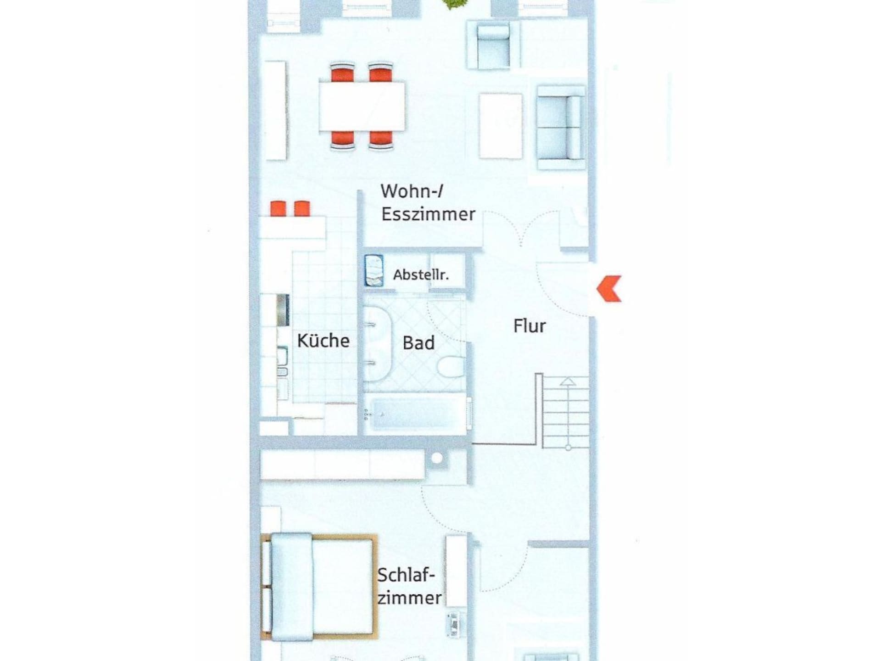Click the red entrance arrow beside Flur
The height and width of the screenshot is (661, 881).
[x=609, y=289]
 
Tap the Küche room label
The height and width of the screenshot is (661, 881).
[x=323, y=341]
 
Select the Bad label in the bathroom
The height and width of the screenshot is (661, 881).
[x=418, y=343]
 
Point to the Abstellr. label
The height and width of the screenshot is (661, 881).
[x=421, y=274]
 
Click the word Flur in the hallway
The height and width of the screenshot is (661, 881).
[x=530, y=326]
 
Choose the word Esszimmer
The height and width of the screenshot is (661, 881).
[x=428, y=214]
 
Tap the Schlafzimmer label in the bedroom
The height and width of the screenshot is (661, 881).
[x=409, y=586]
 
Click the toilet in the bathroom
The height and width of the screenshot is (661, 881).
[x=452, y=367]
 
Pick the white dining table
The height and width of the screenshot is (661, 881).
[x=362, y=106]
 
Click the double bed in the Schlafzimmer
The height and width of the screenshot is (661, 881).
[x=319, y=587]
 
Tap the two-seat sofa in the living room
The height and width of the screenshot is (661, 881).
[x=561, y=128]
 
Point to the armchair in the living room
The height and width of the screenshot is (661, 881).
[x=493, y=45]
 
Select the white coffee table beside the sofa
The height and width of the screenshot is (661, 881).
[x=501, y=126]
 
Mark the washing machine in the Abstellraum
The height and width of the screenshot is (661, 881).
[x=374, y=271]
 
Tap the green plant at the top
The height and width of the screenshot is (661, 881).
[x=453, y=4]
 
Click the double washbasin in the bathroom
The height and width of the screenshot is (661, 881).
[x=377, y=343]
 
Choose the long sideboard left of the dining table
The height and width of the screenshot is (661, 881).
[x=276, y=111]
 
